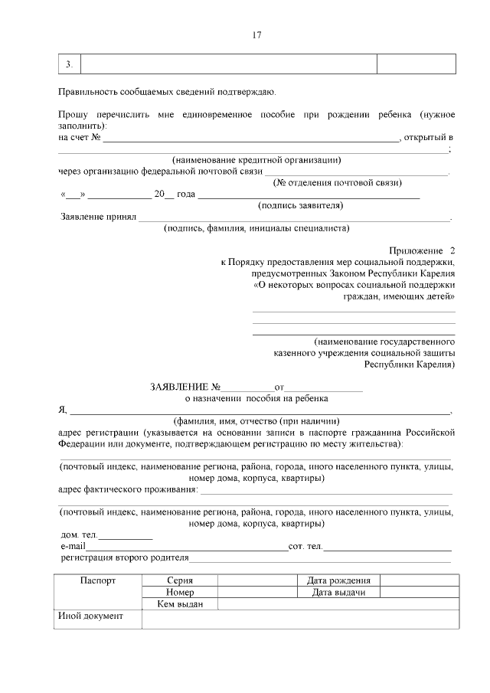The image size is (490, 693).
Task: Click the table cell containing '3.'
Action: click(70, 64)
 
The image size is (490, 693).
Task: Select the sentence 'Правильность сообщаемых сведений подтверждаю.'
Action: click(167, 92)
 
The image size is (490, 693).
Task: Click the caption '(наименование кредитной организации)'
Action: click(256, 160)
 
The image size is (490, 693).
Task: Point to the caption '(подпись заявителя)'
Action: click(301, 205)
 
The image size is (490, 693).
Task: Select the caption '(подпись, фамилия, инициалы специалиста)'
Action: click(256, 227)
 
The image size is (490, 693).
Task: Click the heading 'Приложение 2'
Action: click(422, 250)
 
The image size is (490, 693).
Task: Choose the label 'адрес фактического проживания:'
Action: click(128, 489)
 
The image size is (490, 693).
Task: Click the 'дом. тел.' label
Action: click(79, 534)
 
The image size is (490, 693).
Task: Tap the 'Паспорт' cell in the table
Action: click(98, 580)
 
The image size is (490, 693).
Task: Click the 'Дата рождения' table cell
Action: click(338, 580)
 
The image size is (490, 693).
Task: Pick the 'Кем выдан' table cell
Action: click(179, 603)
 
